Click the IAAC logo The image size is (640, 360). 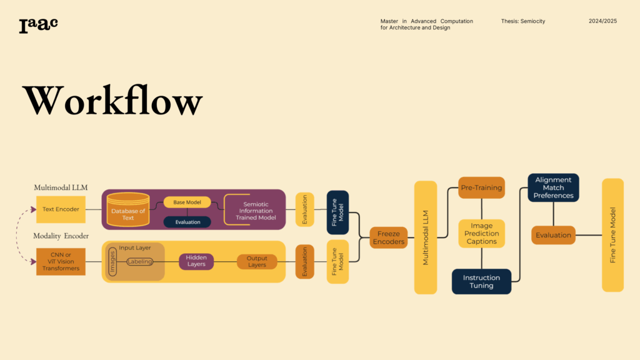(x=38, y=25)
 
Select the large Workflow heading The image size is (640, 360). (x=112, y=100)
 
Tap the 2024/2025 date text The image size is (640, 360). (x=602, y=21)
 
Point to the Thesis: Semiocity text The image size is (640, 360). (x=523, y=21)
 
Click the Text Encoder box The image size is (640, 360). (x=61, y=209)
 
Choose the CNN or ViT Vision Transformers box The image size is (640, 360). (x=61, y=262)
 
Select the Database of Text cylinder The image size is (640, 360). (x=128, y=211)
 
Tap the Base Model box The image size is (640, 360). (x=187, y=202)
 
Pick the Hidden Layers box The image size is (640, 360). (x=196, y=261)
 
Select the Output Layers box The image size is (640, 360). (x=257, y=261)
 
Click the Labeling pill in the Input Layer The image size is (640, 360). (x=139, y=262)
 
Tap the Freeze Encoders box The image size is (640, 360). (x=388, y=237)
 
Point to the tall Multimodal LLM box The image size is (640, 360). (x=426, y=237)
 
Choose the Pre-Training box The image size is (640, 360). (x=481, y=187)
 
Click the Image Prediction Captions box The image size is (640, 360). (x=481, y=234)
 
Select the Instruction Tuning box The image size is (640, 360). (x=481, y=281)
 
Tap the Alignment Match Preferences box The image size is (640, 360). (x=553, y=187)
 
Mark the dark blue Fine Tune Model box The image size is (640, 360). (x=337, y=212)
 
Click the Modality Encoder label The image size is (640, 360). (x=61, y=236)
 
